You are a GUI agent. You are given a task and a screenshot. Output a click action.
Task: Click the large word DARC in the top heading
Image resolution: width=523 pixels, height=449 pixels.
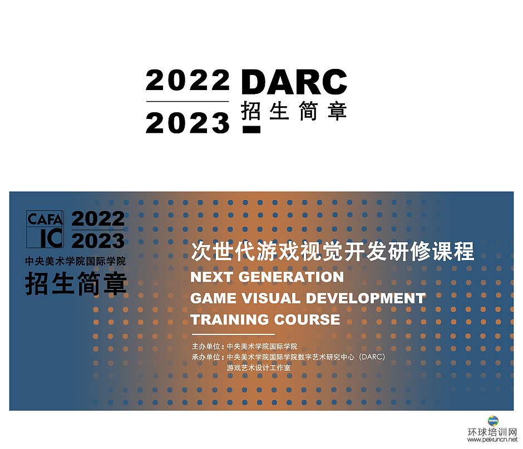294,82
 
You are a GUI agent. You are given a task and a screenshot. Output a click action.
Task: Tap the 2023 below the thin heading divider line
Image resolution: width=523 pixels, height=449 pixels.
188,123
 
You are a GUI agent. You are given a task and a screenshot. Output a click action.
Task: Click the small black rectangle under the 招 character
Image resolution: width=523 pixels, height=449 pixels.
251,129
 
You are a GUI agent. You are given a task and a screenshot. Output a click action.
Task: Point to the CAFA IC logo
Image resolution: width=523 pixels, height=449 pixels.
45,229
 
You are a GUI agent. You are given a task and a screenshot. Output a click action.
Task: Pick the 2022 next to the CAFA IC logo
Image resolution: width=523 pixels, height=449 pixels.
98,219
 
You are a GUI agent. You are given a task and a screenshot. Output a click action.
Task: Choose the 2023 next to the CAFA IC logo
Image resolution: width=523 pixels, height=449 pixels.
98,241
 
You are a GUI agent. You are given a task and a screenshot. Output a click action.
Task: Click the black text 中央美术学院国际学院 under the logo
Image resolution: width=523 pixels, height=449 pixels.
75,261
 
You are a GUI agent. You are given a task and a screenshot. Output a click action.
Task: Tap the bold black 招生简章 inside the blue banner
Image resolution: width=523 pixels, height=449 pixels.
76,283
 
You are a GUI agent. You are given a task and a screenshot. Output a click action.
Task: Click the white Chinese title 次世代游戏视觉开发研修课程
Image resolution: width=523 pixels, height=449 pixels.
332,251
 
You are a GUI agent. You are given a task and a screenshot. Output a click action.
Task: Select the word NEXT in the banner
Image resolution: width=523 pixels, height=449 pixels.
211,277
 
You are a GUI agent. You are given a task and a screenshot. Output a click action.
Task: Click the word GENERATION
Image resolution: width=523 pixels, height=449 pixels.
291,277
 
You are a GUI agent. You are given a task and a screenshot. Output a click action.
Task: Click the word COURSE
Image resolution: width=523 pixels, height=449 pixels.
307,320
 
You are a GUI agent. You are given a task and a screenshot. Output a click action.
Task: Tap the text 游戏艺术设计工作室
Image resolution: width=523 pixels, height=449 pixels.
259,368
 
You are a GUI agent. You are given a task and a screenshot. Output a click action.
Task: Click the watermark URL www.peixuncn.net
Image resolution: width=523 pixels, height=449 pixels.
492,440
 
